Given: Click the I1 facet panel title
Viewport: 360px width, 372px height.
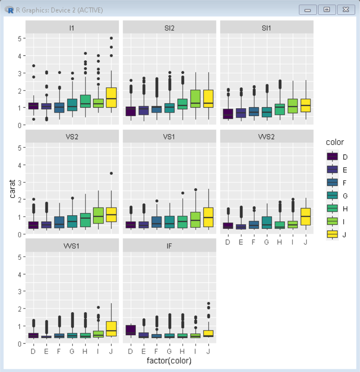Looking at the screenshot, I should (72, 27).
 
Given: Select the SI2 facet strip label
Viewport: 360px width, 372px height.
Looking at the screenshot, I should (170, 27).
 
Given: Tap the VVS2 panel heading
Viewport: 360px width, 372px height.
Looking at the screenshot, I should (267, 136).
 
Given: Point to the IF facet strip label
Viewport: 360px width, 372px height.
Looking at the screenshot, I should (170, 246).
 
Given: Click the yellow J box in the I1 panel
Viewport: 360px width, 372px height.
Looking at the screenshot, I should (111, 97).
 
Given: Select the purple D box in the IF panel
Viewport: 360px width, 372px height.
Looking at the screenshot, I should (130, 330).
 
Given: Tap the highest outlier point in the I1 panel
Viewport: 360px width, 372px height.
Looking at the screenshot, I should (111, 38).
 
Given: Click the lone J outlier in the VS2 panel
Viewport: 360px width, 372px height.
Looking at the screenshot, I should (111, 173).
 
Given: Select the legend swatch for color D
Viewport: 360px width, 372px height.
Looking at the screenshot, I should (333, 156).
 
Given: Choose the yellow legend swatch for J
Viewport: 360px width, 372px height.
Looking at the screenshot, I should (333, 234).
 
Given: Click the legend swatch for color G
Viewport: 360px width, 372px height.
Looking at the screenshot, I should (333, 195).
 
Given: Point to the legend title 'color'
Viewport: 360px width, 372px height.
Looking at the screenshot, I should (335, 143).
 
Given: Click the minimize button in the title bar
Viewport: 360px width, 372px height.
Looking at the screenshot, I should (308, 9).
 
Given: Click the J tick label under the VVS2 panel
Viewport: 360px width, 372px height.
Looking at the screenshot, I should (306, 242).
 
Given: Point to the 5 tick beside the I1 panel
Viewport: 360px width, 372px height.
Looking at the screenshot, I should (19, 38).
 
